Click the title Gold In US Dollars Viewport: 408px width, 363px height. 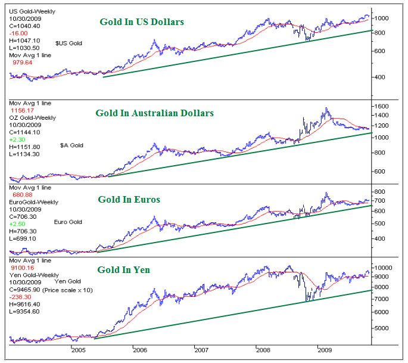141,22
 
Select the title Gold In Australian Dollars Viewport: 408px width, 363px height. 154,113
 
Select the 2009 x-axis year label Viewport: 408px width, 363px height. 325,350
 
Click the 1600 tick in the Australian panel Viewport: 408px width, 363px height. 384,106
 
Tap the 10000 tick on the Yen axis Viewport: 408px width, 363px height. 386,268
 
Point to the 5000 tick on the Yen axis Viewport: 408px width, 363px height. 384,327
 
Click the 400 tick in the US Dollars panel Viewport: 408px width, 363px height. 381,77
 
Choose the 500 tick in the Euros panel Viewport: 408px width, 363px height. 381,223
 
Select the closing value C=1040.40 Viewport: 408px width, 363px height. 23,26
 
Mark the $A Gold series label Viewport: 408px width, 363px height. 71,145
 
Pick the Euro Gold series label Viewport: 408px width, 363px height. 68,222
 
